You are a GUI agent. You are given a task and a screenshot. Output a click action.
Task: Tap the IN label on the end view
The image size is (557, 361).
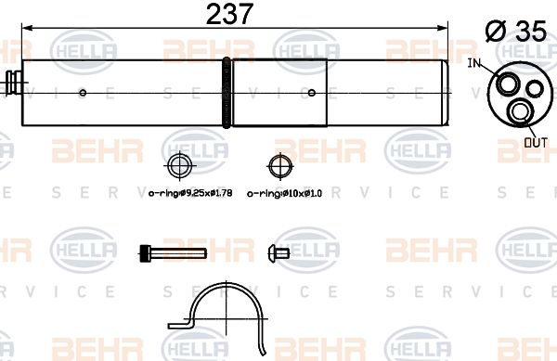pyautogui.click(x=476, y=64)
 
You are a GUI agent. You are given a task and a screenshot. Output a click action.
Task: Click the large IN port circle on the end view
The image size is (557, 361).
pyautogui.click(x=506, y=84)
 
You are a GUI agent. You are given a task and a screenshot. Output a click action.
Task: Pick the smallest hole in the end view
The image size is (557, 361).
pyautogui.click(x=534, y=90)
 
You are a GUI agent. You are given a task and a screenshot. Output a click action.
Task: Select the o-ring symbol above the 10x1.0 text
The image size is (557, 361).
pyautogui.click(x=277, y=167)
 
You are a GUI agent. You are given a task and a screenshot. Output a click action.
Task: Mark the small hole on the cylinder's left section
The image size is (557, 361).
pyautogui.click(x=84, y=92)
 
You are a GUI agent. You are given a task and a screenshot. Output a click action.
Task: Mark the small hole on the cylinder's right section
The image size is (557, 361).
pyautogui.click(x=311, y=92)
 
